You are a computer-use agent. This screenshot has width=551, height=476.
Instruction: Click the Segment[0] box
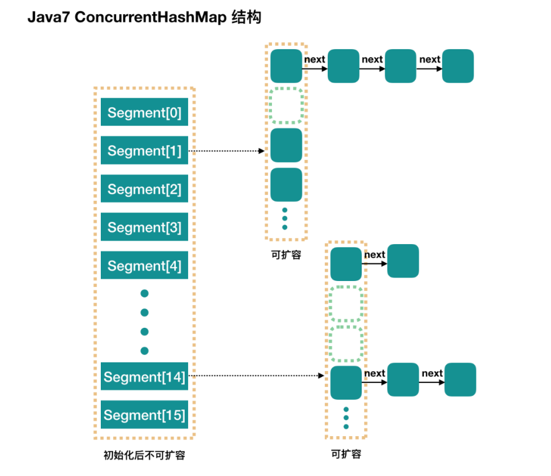point(144,112)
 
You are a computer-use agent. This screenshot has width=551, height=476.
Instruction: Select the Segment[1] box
point(144,150)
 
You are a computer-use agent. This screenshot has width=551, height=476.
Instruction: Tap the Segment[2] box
point(144,189)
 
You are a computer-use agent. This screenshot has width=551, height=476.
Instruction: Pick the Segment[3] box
point(144,227)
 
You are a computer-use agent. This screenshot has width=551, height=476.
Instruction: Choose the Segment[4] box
point(144,265)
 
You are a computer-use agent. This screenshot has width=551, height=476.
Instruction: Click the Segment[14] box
point(144,376)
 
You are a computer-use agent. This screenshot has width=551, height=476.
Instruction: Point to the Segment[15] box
point(144,415)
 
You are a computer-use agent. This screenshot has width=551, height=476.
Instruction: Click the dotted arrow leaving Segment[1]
point(226,151)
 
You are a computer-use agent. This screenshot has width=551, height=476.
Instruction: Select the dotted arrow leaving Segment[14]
point(256,376)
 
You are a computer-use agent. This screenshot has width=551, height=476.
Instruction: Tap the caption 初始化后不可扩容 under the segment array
point(144,455)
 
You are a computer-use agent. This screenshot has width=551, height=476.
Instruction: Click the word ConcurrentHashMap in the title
point(151,17)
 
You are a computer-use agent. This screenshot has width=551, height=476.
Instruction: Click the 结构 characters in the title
point(246,17)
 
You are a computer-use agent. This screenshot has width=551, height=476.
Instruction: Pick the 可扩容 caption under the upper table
point(286,255)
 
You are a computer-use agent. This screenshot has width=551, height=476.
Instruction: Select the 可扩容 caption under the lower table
point(346,454)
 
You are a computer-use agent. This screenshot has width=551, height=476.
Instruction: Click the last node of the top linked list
point(458,66)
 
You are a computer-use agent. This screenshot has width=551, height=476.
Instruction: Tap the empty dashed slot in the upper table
point(287,105)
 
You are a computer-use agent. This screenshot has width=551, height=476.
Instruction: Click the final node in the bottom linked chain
point(460,380)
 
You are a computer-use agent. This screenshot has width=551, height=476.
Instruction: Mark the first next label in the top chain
point(315,59)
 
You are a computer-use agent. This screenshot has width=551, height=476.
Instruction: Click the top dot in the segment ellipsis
point(144,293)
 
